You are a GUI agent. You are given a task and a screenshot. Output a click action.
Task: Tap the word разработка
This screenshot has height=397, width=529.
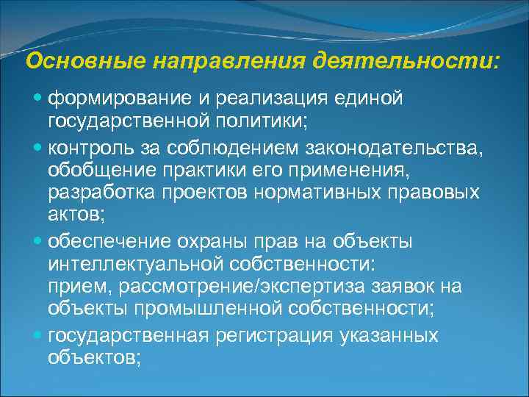[x=99, y=193]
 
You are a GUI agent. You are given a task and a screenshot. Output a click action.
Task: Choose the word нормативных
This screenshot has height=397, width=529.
[x=345, y=193]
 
